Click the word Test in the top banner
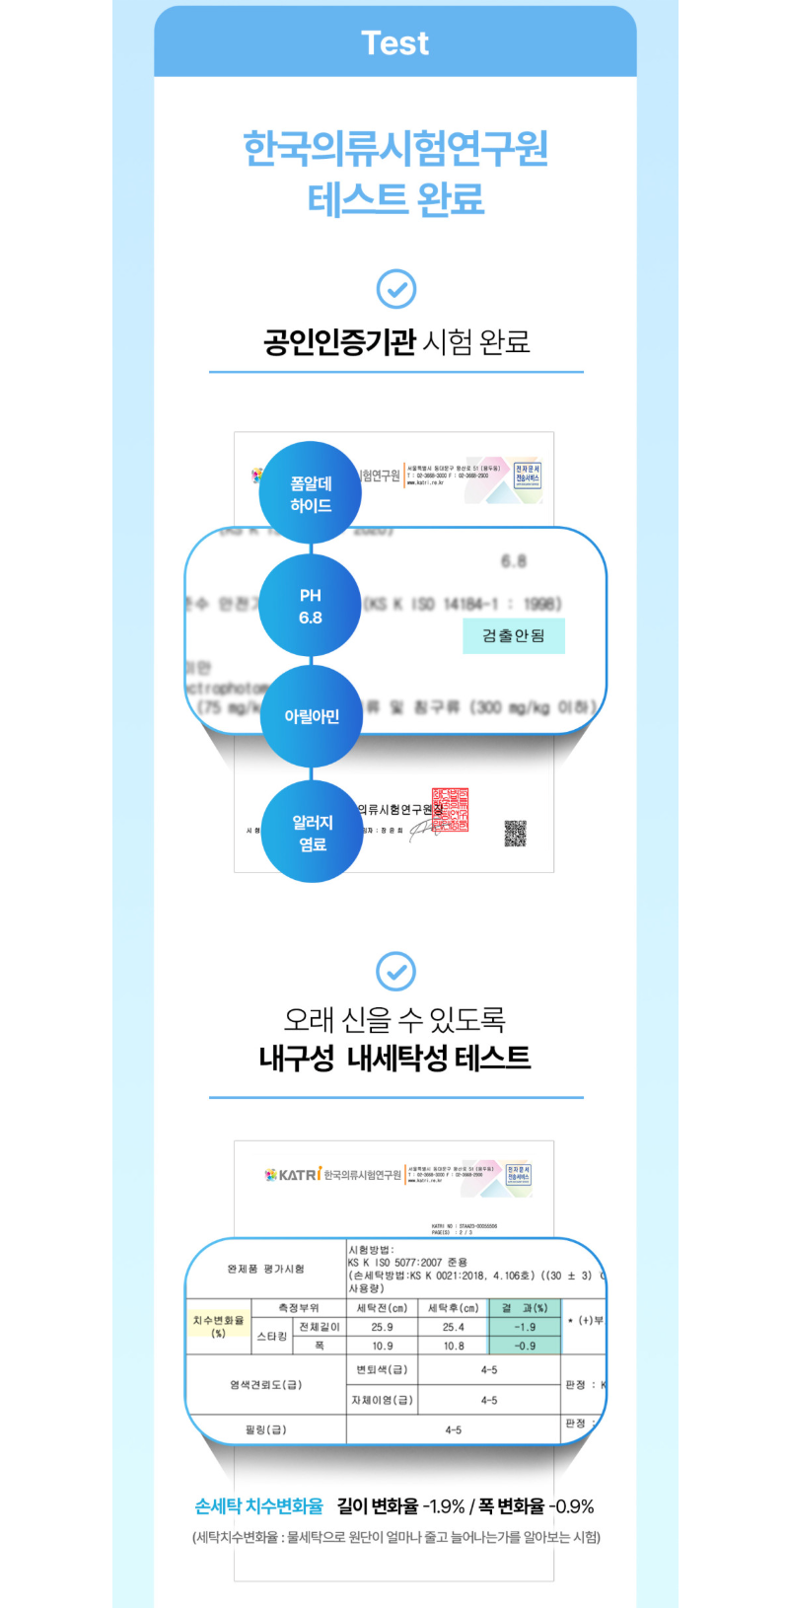(x=394, y=42)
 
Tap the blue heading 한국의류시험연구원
(x=394, y=148)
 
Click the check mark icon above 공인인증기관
(x=396, y=289)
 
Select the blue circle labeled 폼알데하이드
(x=311, y=493)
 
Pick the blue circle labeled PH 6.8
(x=311, y=606)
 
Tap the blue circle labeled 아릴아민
(x=312, y=716)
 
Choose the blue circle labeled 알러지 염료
(x=312, y=832)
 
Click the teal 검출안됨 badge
(x=514, y=635)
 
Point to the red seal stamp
(x=451, y=809)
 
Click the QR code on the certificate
(x=515, y=834)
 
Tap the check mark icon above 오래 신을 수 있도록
(x=396, y=971)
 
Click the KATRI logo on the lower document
(x=293, y=1174)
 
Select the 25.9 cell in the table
(x=383, y=1327)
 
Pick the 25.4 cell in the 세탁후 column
(x=454, y=1327)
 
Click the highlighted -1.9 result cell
(x=525, y=1327)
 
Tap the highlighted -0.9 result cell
(x=525, y=1346)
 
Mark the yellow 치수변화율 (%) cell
(x=218, y=1326)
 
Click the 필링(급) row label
(x=266, y=1429)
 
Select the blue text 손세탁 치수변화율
(x=259, y=1506)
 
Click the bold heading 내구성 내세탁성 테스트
(x=394, y=1058)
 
